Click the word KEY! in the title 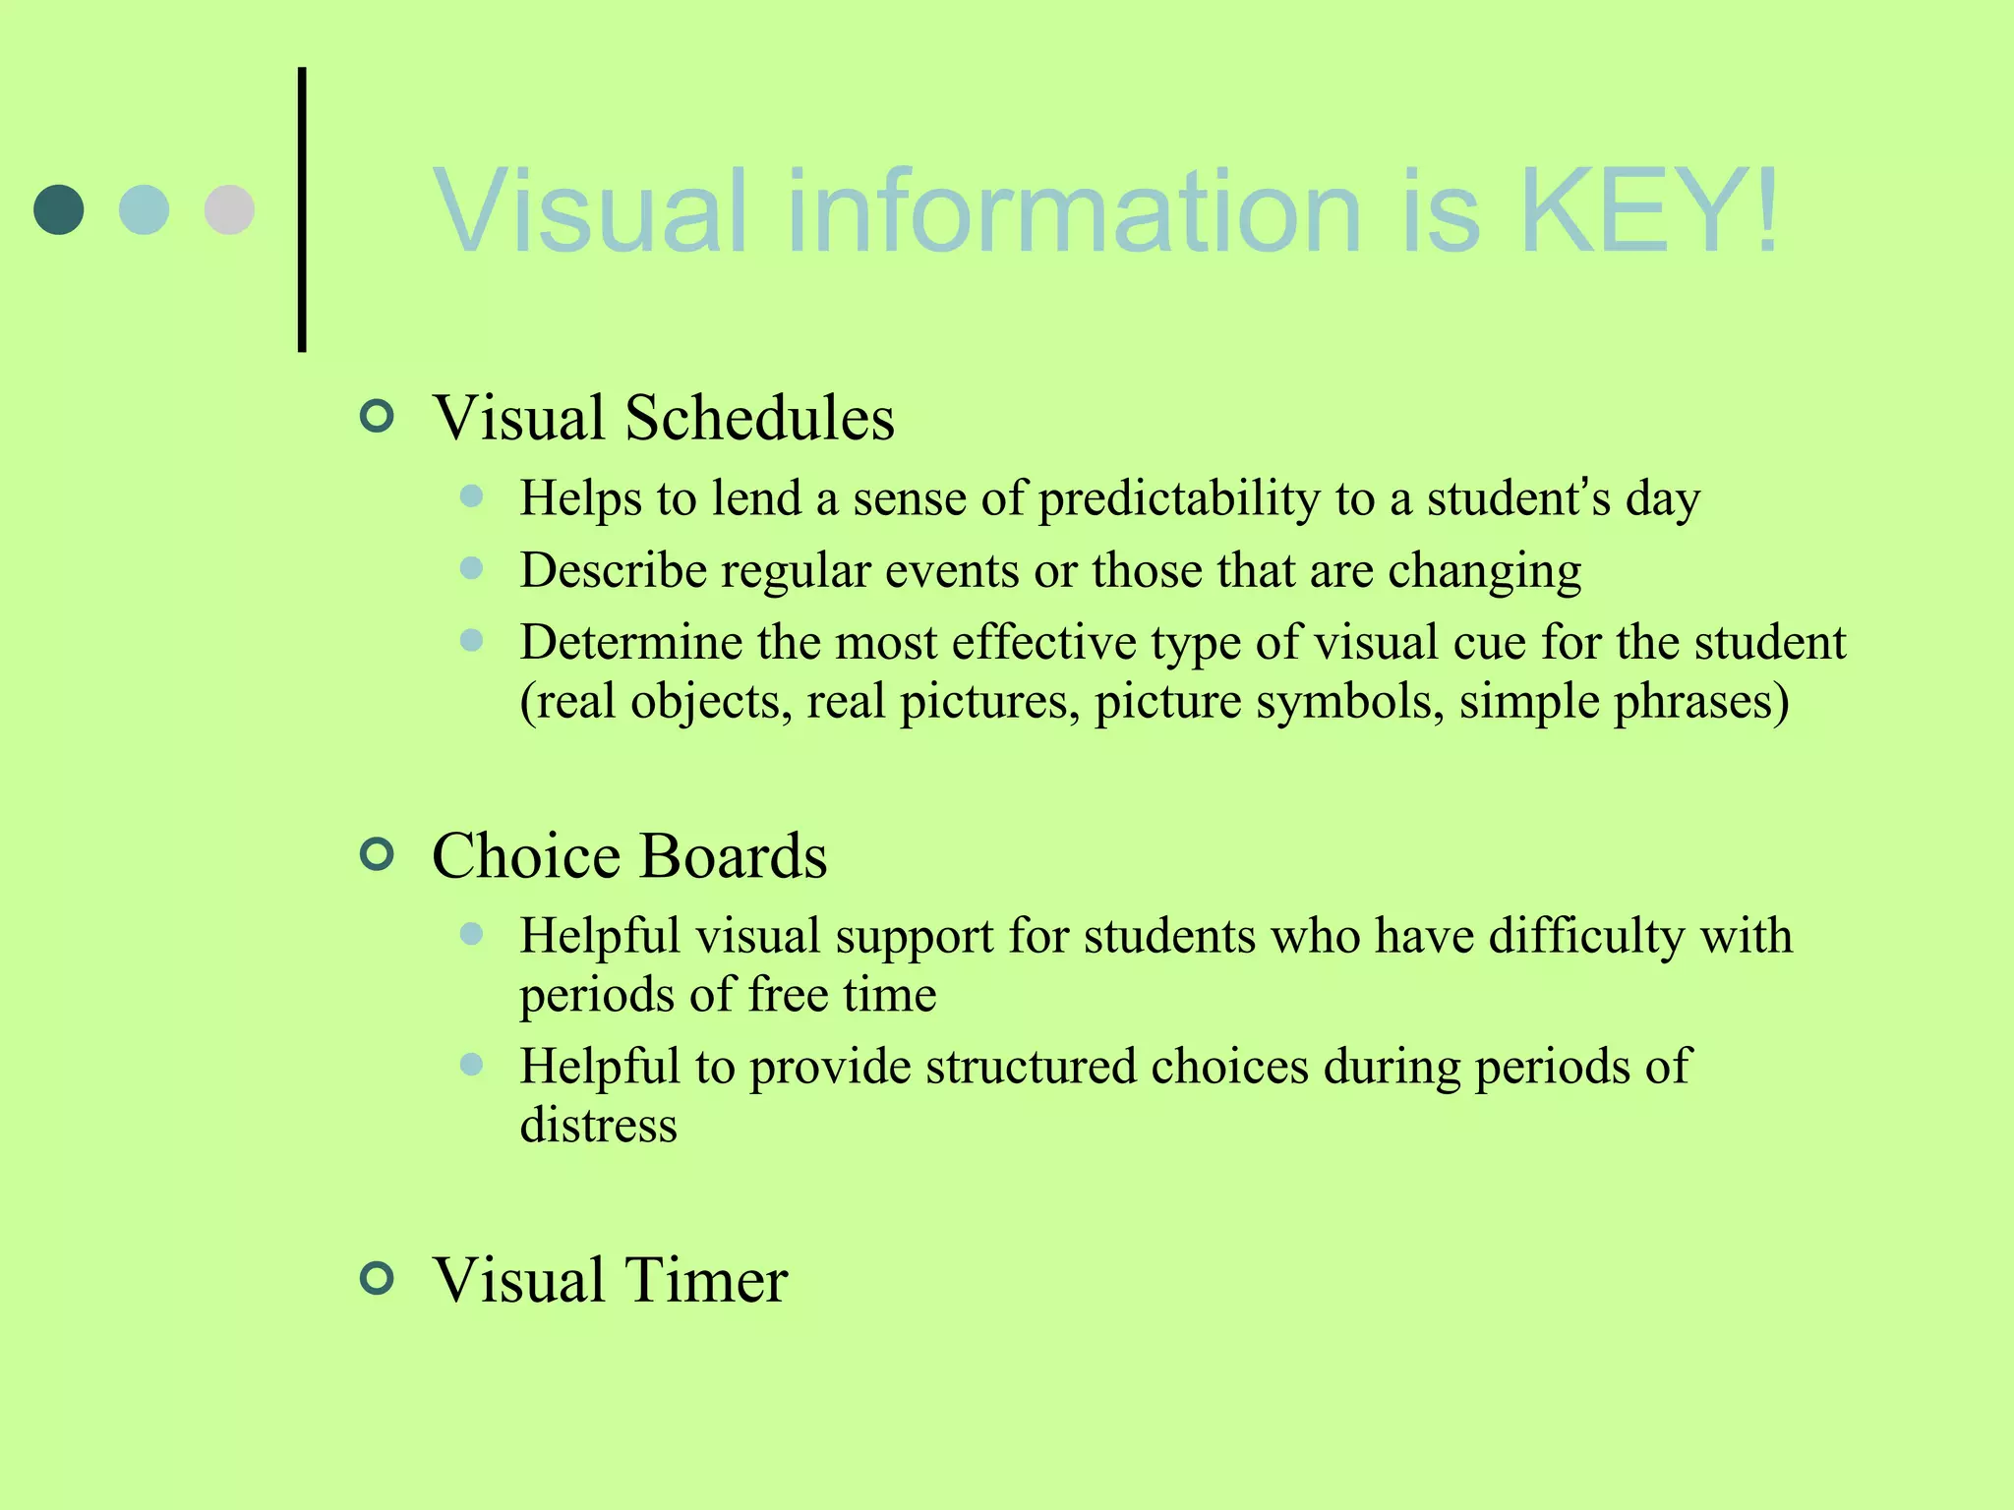pos(1649,210)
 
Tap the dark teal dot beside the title pos(59,209)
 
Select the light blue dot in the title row pos(144,209)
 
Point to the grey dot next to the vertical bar pos(229,209)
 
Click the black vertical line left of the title pos(302,209)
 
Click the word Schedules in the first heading pos(759,418)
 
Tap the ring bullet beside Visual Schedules pos(378,416)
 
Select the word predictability pos(1179,498)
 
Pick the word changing pos(1484,571)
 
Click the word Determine pos(631,642)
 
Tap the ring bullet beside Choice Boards pos(378,853)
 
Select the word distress pos(598,1125)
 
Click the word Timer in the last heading pos(706,1280)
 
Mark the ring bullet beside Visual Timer pos(378,1278)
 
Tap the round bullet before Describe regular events pos(472,568)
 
